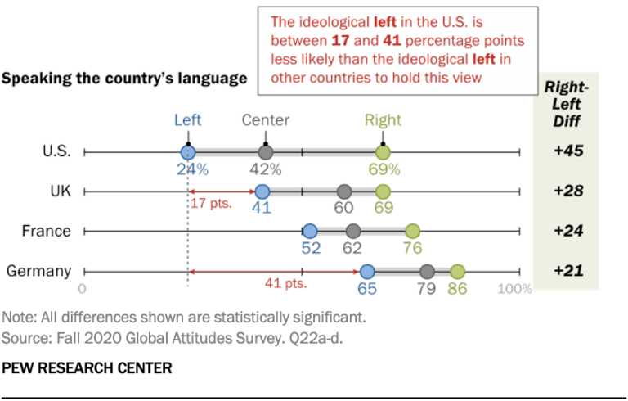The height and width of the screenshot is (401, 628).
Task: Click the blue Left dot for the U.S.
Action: click(x=188, y=152)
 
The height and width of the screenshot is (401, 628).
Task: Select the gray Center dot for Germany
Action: click(x=427, y=272)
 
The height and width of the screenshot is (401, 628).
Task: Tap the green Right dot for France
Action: click(x=412, y=232)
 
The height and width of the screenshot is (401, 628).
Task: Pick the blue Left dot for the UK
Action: click(x=262, y=191)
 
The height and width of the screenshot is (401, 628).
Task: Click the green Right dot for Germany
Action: click(x=457, y=272)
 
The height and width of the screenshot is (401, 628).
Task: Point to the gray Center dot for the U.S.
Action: click(x=265, y=152)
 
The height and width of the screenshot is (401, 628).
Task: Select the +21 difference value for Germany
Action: click(x=567, y=271)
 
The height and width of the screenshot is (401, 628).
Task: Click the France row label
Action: click(x=46, y=232)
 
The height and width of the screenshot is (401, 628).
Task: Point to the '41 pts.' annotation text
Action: click(x=285, y=284)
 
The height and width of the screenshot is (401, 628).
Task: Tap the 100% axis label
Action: click(x=515, y=289)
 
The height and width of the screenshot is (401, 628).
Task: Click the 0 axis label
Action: click(x=82, y=289)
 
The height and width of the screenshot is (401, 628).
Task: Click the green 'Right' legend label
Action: click(x=383, y=120)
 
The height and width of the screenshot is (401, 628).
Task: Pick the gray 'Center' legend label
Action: click(x=265, y=120)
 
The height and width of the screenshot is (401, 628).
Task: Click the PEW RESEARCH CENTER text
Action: click(x=87, y=367)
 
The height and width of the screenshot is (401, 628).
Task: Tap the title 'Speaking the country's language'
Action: click(x=124, y=79)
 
